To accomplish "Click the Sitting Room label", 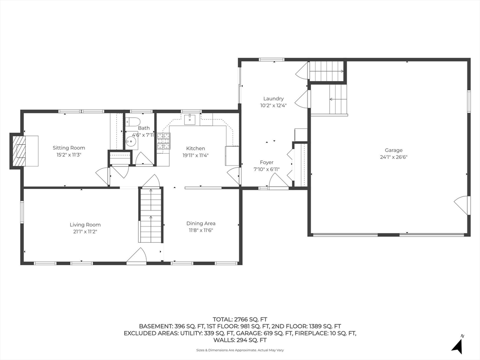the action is point(69,148).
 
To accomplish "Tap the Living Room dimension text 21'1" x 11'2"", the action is point(85,232).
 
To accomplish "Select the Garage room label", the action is point(394,150).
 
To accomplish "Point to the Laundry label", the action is point(274,98).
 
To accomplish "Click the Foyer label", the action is point(267,162).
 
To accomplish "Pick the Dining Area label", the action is point(201,224).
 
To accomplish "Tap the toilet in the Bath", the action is point(133,121).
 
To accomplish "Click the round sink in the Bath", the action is point(132,142).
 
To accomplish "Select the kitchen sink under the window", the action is point(190,119).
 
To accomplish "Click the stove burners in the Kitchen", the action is point(164,141).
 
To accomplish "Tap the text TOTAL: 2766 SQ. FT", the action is point(240,320).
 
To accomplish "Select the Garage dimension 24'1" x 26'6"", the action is point(394,157).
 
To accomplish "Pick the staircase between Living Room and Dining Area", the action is point(150,215).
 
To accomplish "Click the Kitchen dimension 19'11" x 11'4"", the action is point(195,155).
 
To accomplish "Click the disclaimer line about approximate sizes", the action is point(240,350).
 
